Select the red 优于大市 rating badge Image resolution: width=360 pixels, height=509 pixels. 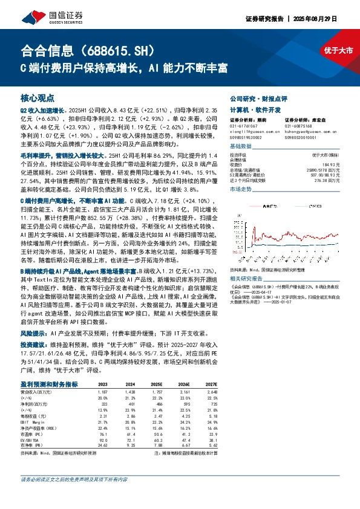click(x=338, y=50)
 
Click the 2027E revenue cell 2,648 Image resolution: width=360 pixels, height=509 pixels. click(x=209, y=392)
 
